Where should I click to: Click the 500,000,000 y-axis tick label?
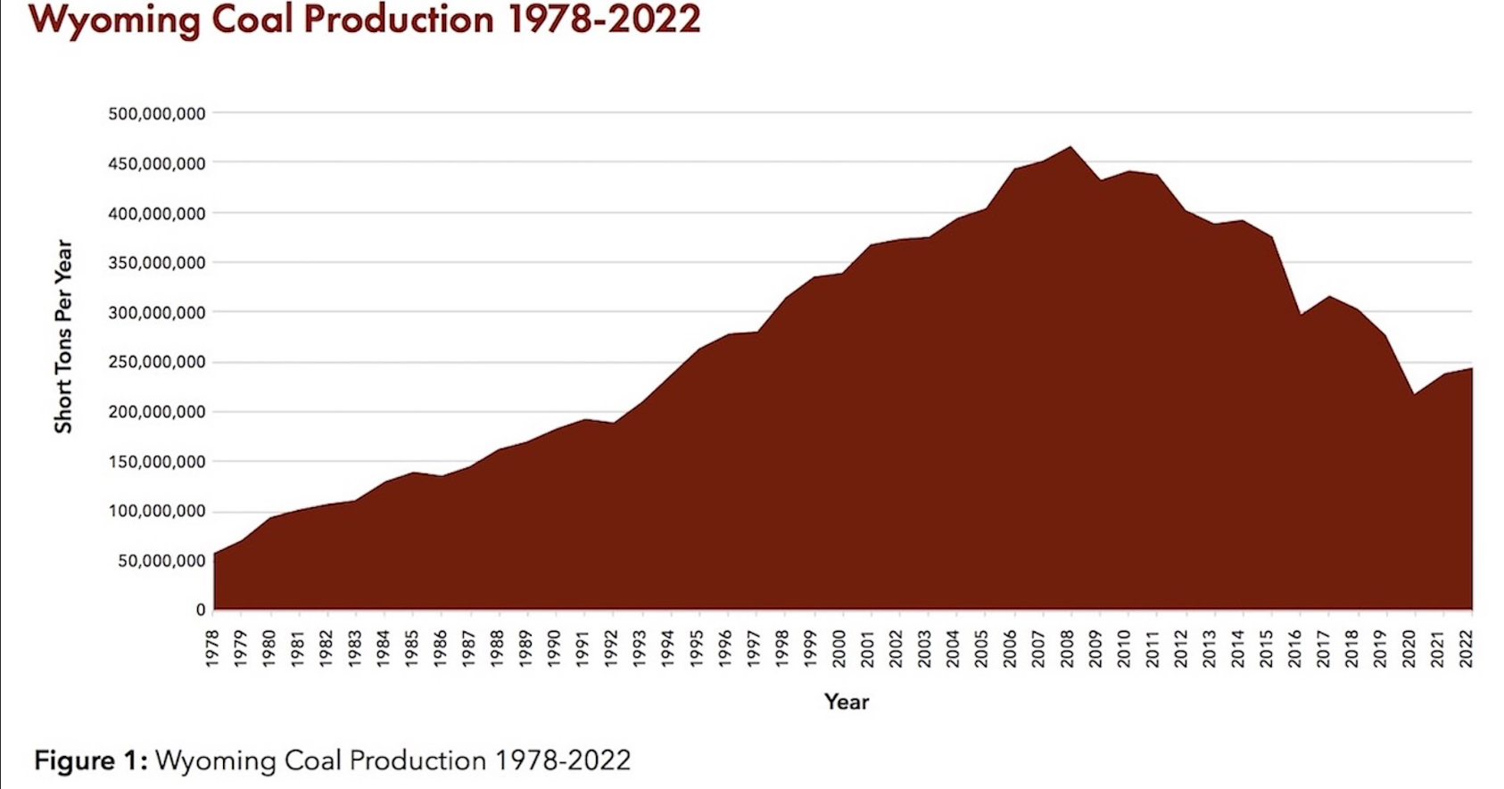tap(156, 114)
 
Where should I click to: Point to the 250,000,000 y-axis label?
tap(156, 362)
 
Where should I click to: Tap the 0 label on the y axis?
tap(201, 610)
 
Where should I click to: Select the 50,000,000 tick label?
tap(161, 561)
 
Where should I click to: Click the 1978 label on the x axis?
tap(213, 648)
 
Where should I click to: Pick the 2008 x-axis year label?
tap(1068, 648)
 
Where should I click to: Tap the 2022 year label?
tap(1467, 648)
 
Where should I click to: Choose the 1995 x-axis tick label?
tap(697, 648)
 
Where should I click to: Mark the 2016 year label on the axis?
tap(1295, 648)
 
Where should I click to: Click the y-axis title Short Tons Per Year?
tap(63, 337)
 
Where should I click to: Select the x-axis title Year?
tap(847, 702)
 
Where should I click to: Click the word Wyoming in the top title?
tap(114, 21)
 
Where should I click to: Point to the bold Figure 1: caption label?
tap(91, 760)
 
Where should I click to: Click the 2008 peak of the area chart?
tap(1070, 147)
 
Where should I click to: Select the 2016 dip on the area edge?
tap(1301, 315)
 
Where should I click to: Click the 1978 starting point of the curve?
tap(214, 554)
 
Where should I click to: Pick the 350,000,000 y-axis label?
tap(156, 263)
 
